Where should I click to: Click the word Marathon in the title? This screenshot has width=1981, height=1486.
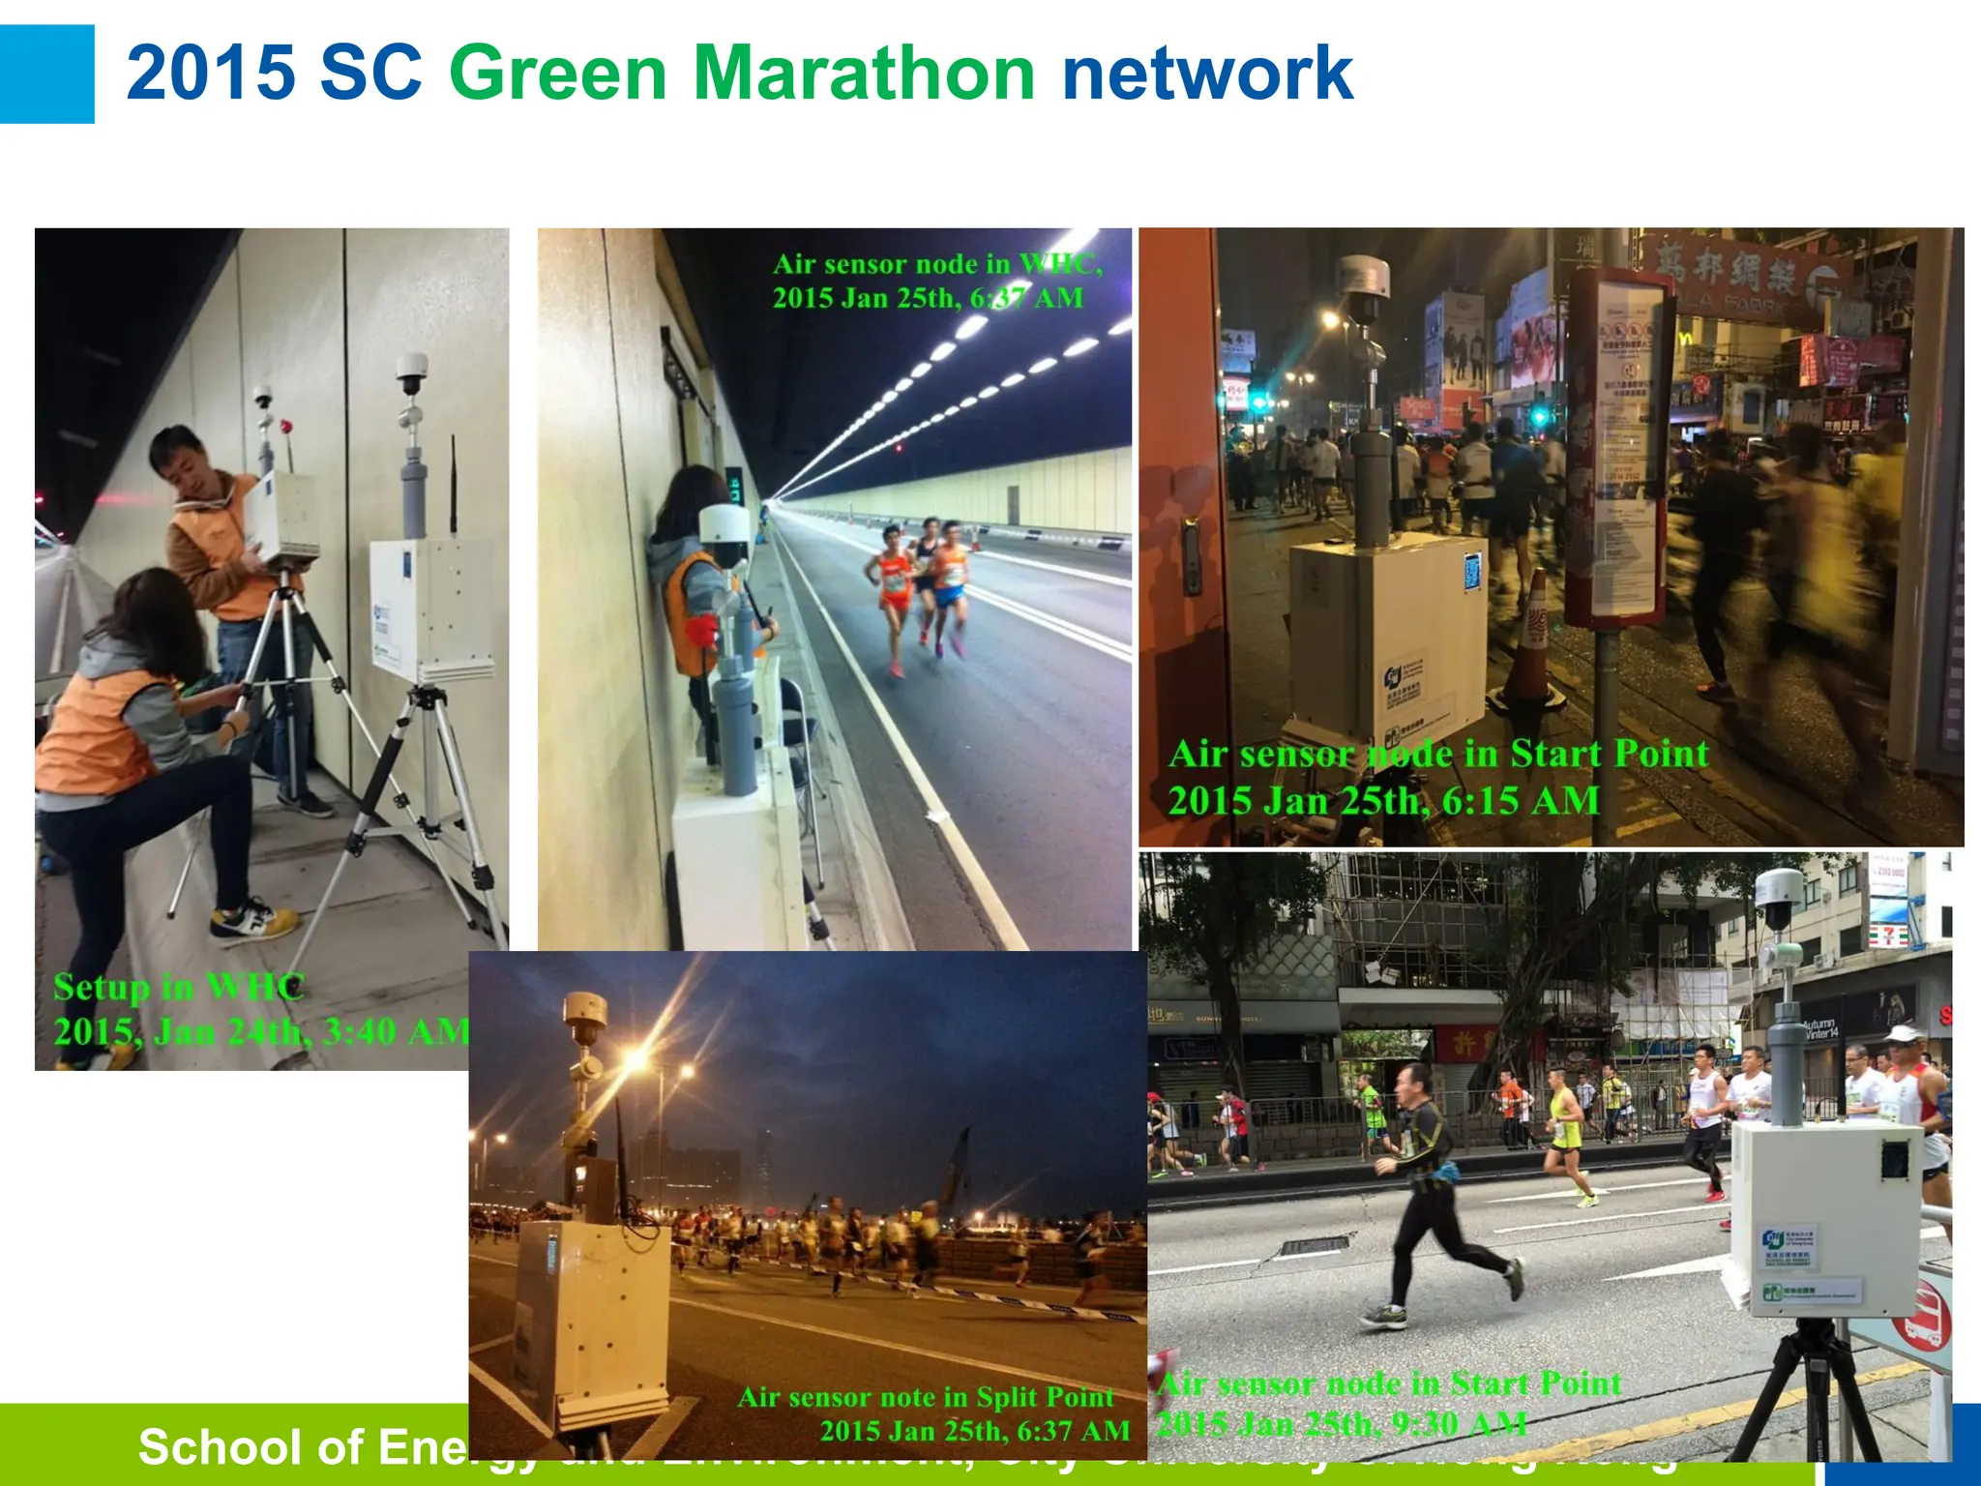point(865,73)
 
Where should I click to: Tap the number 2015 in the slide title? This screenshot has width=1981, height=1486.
point(211,73)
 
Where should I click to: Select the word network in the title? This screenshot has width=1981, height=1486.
point(1206,73)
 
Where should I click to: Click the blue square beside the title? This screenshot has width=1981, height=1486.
point(46,74)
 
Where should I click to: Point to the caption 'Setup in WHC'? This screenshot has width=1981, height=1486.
point(179,988)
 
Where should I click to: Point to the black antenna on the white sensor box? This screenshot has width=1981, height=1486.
point(452,484)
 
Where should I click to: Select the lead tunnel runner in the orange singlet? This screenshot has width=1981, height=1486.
point(894,590)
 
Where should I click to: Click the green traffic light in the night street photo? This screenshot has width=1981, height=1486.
point(1538,417)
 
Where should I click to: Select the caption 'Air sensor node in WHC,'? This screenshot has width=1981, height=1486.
point(937,264)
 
